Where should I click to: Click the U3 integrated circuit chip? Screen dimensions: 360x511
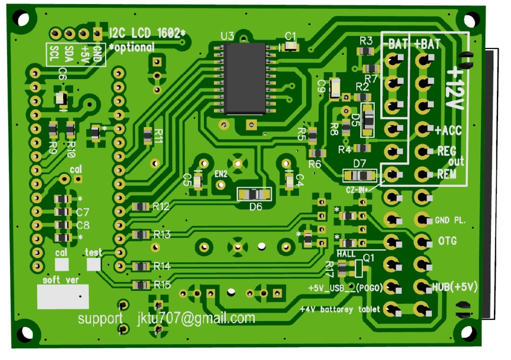point(245,78)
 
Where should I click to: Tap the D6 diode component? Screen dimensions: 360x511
point(254,194)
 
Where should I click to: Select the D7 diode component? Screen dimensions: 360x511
point(359,175)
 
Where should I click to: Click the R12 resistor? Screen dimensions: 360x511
point(140,206)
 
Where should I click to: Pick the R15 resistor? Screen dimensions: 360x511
point(140,285)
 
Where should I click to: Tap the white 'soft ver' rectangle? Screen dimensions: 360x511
point(63,296)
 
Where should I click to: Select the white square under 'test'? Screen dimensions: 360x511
point(94,264)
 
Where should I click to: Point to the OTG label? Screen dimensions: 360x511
point(447,241)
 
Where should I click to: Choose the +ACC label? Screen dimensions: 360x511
point(448,130)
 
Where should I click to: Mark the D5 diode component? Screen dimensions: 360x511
point(368,120)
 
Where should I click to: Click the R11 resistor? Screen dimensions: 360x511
point(148,135)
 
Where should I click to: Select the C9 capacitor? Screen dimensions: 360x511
point(335,88)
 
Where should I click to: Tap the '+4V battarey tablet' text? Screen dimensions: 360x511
point(340,309)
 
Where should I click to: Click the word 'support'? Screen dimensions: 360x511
point(100,318)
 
